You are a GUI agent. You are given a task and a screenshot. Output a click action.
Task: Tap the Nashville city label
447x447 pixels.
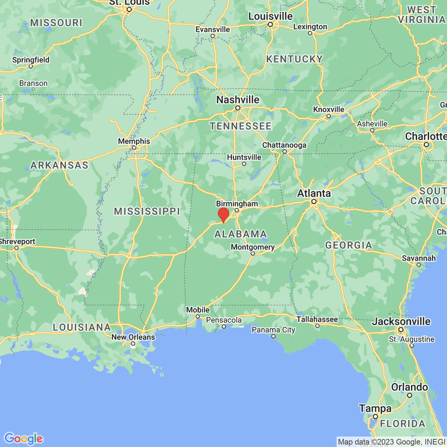coord(238,100)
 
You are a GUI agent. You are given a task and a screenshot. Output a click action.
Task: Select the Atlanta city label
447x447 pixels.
coord(314,193)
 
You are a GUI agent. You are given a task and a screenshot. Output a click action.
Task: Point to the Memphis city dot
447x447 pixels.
coord(134,148)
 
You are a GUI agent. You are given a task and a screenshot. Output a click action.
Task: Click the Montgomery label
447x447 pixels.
coord(253,247)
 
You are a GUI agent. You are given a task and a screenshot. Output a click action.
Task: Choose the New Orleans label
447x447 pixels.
coord(133,337)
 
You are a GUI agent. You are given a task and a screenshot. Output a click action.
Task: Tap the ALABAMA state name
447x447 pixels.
coord(241,234)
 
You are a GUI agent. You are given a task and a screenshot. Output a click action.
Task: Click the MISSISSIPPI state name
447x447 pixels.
coord(147,212)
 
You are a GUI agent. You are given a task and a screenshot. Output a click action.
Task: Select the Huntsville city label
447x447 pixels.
coord(244,157)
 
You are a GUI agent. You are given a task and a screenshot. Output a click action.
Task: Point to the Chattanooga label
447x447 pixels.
coord(284,145)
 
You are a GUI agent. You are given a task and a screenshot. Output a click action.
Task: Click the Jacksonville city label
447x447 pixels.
coord(401,321)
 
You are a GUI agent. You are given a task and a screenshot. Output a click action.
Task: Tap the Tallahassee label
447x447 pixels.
coord(317,319)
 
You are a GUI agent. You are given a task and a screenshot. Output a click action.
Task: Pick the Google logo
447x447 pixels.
coord(23,438)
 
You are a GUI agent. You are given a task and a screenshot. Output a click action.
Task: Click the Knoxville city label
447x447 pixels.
coord(329,110)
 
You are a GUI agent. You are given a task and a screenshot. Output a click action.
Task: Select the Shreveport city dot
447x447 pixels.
coord(16,248)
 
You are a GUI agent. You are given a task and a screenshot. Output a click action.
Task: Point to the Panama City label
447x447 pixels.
coord(273,330)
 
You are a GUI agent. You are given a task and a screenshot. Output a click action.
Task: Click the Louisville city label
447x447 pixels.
coord(270,16)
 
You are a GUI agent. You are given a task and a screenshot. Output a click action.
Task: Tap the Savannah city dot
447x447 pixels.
coord(419,265)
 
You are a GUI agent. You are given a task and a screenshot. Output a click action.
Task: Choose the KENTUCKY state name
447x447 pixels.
coord(294,59)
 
